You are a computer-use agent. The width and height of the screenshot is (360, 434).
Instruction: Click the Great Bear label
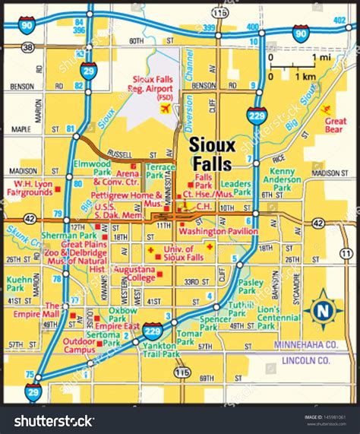coord(335,125)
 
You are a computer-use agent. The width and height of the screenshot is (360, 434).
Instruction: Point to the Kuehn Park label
coord(20,284)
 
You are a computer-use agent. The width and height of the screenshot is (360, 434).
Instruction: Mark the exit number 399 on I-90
coord(207,28)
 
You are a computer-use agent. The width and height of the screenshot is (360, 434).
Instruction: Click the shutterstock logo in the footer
coord(49,420)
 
